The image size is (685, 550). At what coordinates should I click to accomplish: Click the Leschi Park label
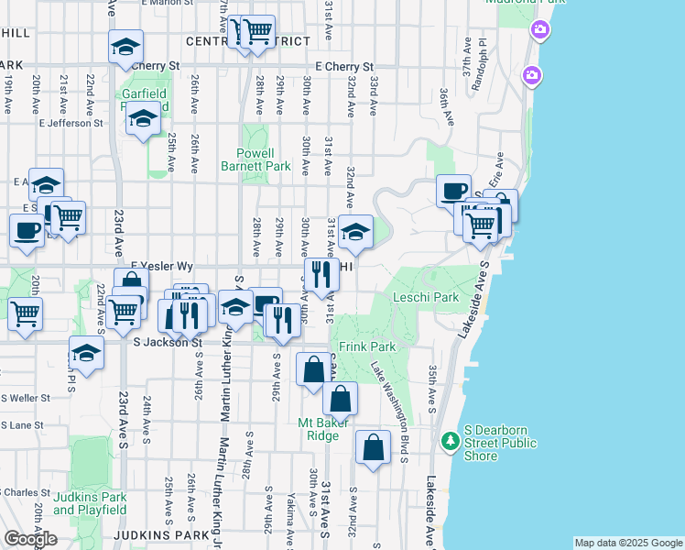425,298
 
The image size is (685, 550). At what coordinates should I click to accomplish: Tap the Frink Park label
367,347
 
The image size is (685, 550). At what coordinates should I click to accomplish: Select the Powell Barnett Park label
256,160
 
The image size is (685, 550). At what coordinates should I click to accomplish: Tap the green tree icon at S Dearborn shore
450,442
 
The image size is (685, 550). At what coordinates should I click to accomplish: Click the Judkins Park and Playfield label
89,503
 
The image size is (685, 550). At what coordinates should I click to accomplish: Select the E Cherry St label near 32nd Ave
344,67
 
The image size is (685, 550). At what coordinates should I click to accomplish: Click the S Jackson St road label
167,343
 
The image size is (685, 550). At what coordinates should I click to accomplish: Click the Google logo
30,539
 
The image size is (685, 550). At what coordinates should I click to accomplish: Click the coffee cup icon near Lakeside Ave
452,192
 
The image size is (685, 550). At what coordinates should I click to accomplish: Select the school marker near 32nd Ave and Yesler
355,233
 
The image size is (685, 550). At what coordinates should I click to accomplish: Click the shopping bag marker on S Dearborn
373,448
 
